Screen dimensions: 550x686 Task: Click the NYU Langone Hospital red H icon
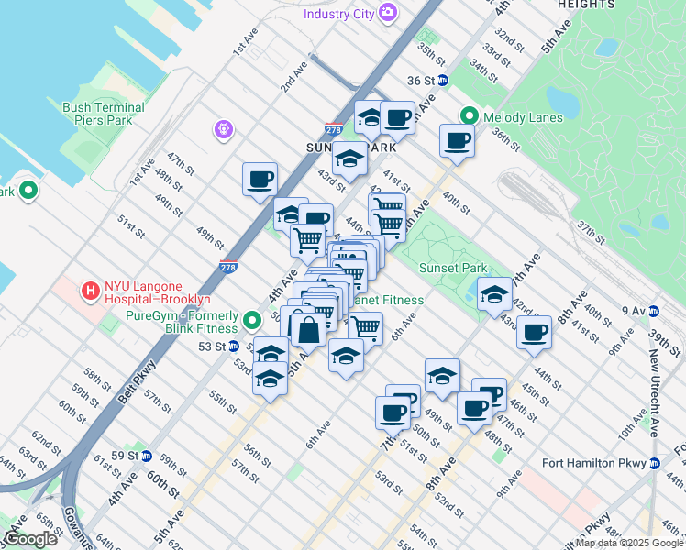pos(91,291)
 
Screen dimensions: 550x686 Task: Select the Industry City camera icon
pos(389,13)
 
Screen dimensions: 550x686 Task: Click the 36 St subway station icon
pos(442,81)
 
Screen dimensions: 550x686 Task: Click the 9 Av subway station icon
pos(653,310)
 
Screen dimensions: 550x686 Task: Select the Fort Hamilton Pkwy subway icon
pos(655,462)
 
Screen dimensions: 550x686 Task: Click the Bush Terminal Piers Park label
pos(103,114)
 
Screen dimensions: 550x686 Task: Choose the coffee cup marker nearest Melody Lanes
pos(457,140)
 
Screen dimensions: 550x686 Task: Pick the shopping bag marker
pos(310,326)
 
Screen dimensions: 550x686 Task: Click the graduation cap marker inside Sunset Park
pos(494,293)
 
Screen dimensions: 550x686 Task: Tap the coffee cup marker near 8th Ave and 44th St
pos(534,332)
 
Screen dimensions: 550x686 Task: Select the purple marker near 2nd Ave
pos(223,131)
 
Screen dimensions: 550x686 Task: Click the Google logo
pos(30,539)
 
